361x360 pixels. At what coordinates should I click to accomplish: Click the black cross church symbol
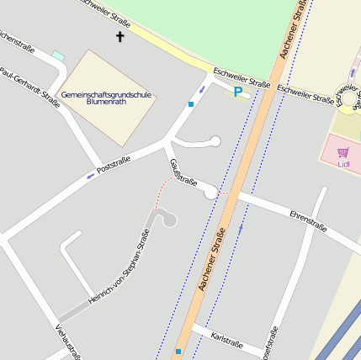(119, 36)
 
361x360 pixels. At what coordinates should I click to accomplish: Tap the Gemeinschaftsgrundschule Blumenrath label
(106, 99)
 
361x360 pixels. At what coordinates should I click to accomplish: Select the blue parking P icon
(237, 92)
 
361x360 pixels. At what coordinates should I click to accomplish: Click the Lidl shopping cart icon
(342, 152)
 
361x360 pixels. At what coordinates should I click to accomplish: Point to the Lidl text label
(343, 164)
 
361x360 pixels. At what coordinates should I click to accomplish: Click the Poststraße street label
(114, 165)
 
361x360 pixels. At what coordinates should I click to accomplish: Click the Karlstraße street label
(227, 344)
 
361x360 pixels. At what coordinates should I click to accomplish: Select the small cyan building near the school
(58, 56)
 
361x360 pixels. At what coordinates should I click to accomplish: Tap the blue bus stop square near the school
(191, 104)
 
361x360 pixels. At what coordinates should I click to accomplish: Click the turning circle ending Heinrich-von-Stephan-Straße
(169, 220)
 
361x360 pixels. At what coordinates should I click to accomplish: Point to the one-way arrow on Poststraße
(91, 176)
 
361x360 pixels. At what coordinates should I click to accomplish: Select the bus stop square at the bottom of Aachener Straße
(178, 351)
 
